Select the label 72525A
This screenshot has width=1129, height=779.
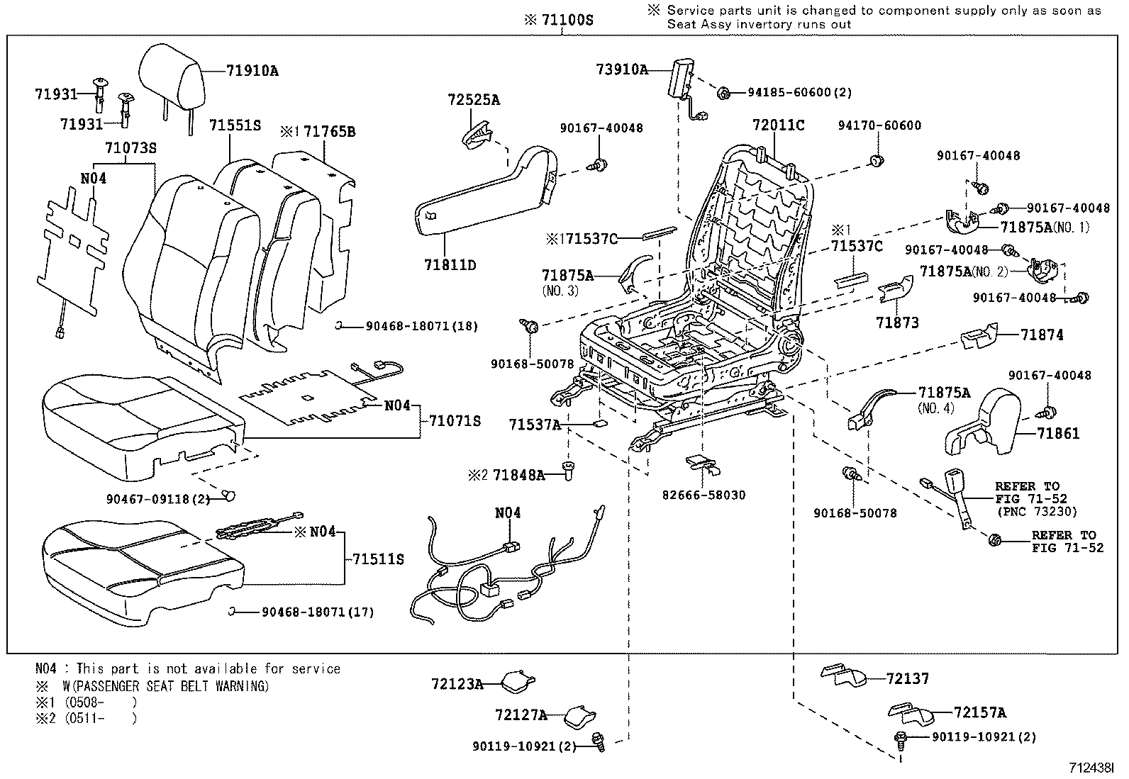click(473, 100)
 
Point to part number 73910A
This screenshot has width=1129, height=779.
click(622, 69)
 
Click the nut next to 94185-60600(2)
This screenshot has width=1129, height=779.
click(724, 92)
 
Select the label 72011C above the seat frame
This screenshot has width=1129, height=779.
click(778, 125)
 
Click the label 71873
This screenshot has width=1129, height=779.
click(896, 323)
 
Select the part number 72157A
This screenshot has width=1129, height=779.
click(979, 712)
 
